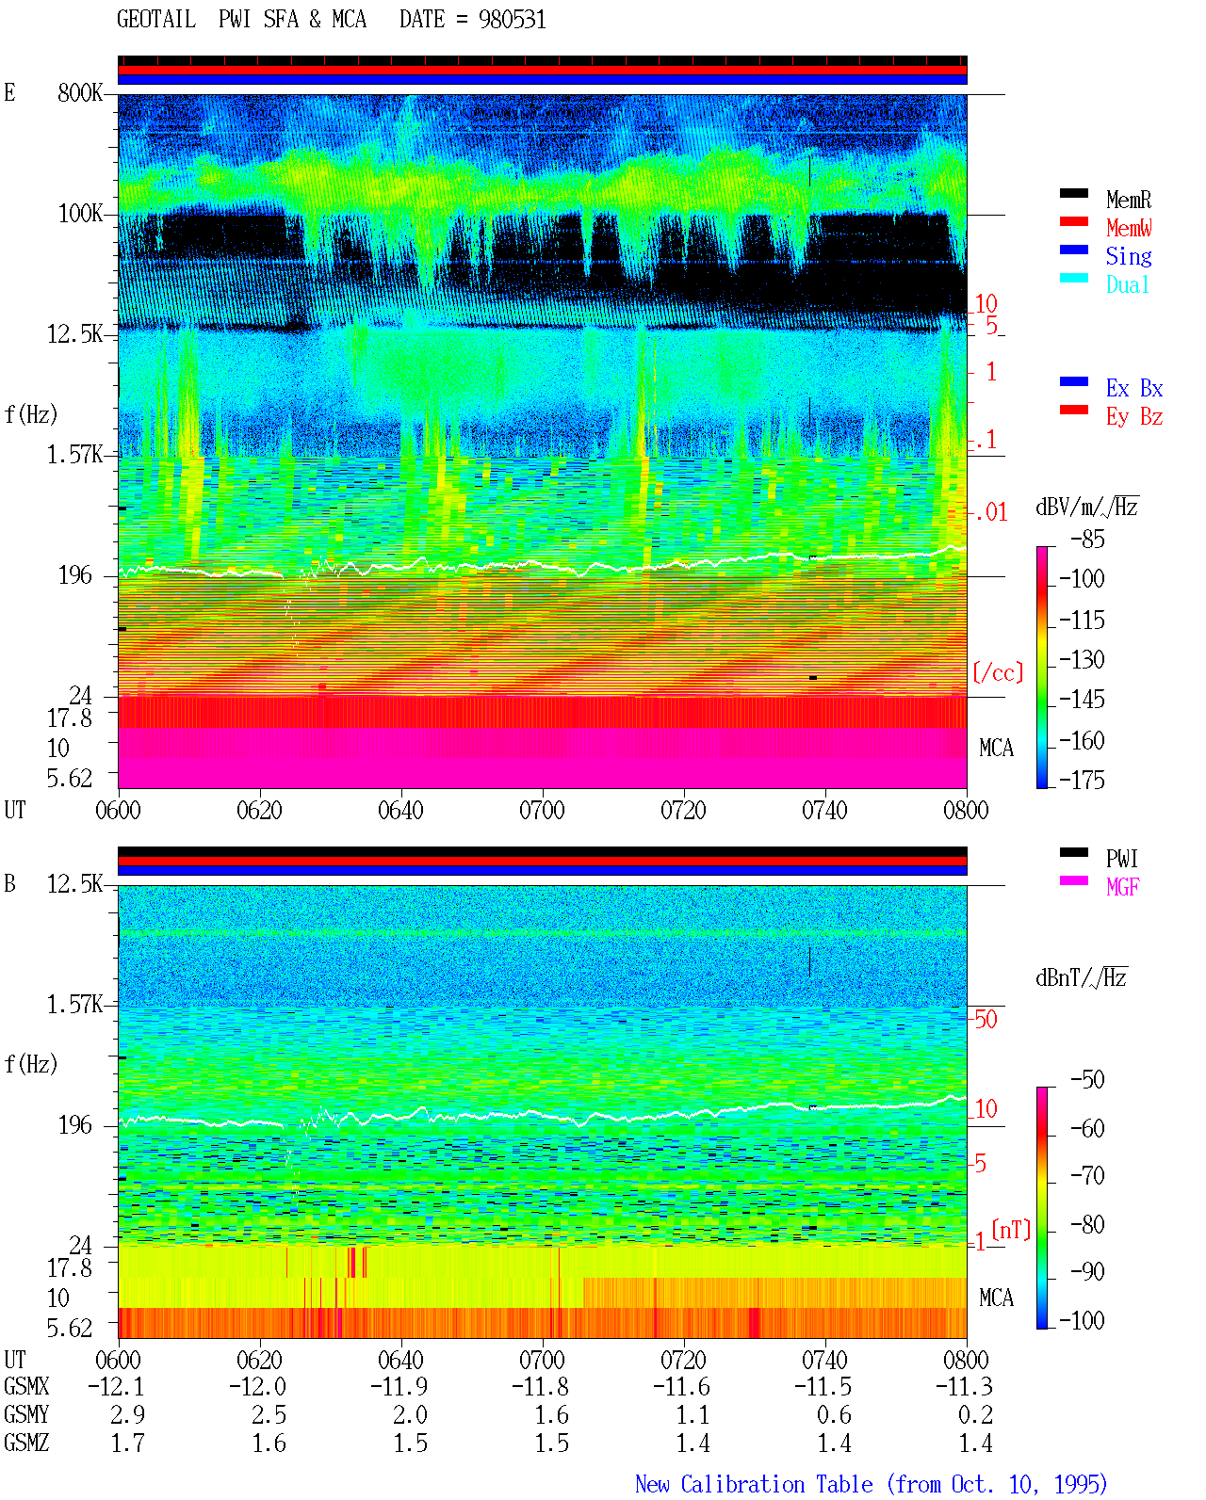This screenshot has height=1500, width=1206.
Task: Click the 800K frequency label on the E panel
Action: [x=79, y=92]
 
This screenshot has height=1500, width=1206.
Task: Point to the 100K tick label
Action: [x=79, y=214]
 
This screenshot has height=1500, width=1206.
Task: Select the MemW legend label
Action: [x=1129, y=228]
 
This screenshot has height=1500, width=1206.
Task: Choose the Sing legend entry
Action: [x=1129, y=256]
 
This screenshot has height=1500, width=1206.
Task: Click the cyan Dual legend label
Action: [x=1127, y=284]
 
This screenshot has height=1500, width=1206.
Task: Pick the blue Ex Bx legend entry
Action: [x=1134, y=388]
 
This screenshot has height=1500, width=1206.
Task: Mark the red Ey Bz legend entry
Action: [x=1134, y=417]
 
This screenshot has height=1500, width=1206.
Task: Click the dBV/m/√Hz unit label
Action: [x=1086, y=508]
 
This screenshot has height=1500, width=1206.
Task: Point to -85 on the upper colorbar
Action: [x=1087, y=539]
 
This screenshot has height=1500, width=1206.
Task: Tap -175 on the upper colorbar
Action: [x=1082, y=780]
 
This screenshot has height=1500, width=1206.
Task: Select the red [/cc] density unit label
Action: [x=998, y=672]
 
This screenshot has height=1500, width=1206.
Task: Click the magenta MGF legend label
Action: [x=1122, y=887]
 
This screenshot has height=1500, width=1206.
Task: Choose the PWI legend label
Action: [x=1121, y=859]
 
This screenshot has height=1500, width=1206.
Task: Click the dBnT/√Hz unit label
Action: [x=1081, y=978]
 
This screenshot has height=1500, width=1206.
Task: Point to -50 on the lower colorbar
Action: [x=1087, y=1080]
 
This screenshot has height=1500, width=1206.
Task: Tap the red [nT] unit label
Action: [x=1011, y=1230]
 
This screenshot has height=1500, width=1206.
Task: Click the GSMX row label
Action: [x=26, y=1386]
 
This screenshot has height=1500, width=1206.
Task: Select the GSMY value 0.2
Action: [x=975, y=1415]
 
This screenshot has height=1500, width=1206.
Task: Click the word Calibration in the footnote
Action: [x=776, y=1484]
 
